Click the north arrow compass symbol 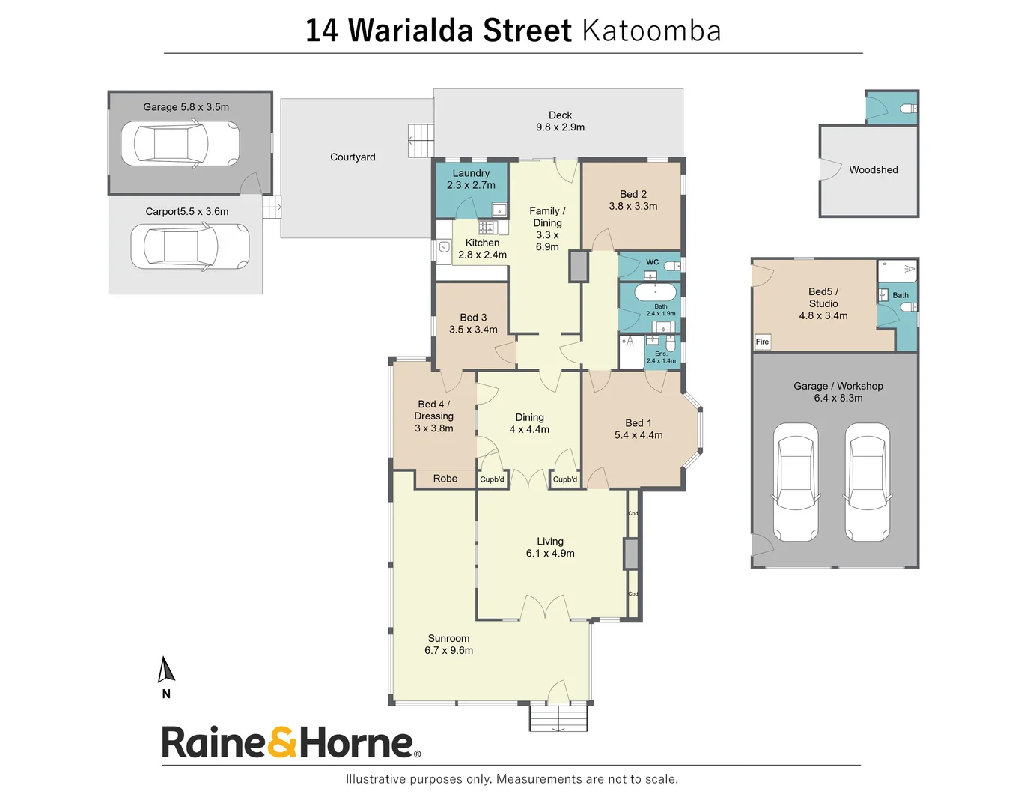166,670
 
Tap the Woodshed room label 873,170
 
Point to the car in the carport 189,246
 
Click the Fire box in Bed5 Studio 762,342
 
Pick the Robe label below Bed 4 445,479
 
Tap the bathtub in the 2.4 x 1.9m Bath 655,291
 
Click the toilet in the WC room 671,265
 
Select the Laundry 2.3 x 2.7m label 471,179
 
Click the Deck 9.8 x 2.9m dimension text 560,127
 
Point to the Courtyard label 353,157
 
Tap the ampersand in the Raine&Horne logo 282,742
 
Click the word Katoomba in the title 650,31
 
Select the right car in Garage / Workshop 867,482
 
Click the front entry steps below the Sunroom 558,718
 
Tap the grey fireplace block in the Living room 630,554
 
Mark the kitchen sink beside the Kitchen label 444,246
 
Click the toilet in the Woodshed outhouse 909,109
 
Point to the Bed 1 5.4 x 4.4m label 638,429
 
